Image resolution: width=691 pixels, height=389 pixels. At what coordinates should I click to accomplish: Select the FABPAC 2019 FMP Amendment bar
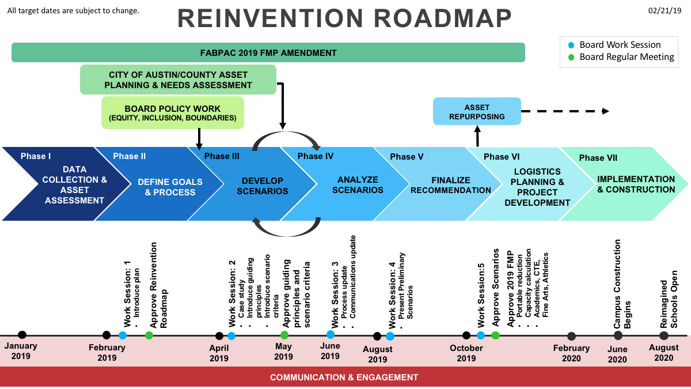tap(268, 52)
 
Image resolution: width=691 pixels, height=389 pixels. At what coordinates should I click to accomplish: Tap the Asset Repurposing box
tap(476, 111)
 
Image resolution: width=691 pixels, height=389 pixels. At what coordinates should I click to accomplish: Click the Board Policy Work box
tap(173, 113)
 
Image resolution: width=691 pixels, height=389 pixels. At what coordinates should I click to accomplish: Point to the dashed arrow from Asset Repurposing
tap(564, 111)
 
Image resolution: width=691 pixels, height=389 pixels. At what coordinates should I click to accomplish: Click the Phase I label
tap(36, 156)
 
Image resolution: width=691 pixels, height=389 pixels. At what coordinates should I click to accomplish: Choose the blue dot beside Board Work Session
tap(571, 45)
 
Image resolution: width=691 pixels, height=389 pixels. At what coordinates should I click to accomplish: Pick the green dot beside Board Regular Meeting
tap(571, 57)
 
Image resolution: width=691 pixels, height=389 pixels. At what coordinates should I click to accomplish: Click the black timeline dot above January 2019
tap(22, 335)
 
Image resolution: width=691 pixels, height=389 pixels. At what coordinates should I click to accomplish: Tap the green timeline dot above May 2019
tap(284, 335)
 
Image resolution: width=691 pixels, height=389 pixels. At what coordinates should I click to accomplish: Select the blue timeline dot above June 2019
tap(331, 334)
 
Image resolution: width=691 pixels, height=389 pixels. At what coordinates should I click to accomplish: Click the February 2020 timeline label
tap(571, 353)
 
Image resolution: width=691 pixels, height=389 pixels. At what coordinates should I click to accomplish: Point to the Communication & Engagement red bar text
tap(344, 377)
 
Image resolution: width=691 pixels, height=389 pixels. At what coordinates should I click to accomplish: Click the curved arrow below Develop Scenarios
tap(286, 228)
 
